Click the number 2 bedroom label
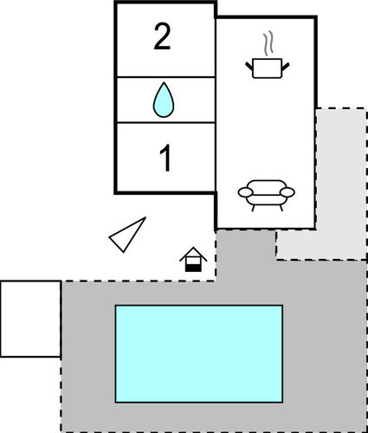point(162,36)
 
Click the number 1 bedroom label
point(165,158)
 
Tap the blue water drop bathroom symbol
point(164,100)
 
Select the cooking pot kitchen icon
point(268,68)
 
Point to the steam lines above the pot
point(268,43)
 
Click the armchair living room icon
point(266,196)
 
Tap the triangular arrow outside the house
point(127,235)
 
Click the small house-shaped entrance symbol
point(193,259)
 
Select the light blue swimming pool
point(199,353)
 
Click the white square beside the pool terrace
point(30,319)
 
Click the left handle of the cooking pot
point(249,67)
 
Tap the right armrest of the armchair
point(287,192)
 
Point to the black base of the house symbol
point(193,268)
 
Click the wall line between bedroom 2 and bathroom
point(165,77)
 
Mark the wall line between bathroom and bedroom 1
point(165,123)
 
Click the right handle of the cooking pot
point(286,67)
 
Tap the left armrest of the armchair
point(245,192)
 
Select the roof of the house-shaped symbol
point(193,253)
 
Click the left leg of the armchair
point(254,208)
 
